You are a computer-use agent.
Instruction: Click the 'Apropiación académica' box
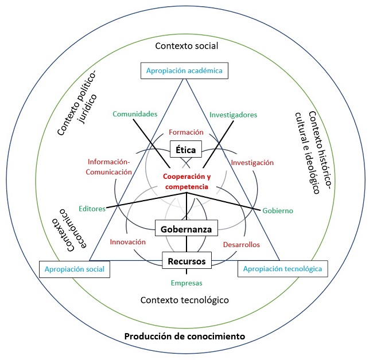(x=185, y=71)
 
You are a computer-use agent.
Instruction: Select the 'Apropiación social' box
(x=75, y=269)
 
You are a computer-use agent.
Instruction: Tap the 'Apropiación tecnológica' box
(x=283, y=268)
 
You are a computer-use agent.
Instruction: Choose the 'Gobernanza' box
(x=186, y=229)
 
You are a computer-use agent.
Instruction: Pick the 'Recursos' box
(x=186, y=261)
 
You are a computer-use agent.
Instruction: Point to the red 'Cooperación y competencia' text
(x=185, y=182)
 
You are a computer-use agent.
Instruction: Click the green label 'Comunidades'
(x=135, y=114)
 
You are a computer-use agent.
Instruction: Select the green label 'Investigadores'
(x=233, y=114)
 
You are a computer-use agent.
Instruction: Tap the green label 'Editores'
(x=92, y=209)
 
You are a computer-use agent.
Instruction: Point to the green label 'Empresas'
(x=187, y=283)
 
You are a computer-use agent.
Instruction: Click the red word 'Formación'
(x=186, y=132)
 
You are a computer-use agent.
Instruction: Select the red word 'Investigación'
(x=252, y=163)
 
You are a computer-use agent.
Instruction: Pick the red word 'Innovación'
(x=127, y=241)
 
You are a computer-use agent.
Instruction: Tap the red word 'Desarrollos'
(x=241, y=244)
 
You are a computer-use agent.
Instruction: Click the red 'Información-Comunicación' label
(x=110, y=166)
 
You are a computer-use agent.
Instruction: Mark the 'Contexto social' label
(x=187, y=45)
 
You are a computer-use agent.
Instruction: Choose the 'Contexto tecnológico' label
(x=185, y=300)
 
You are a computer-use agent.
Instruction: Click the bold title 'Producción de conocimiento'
(x=185, y=335)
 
